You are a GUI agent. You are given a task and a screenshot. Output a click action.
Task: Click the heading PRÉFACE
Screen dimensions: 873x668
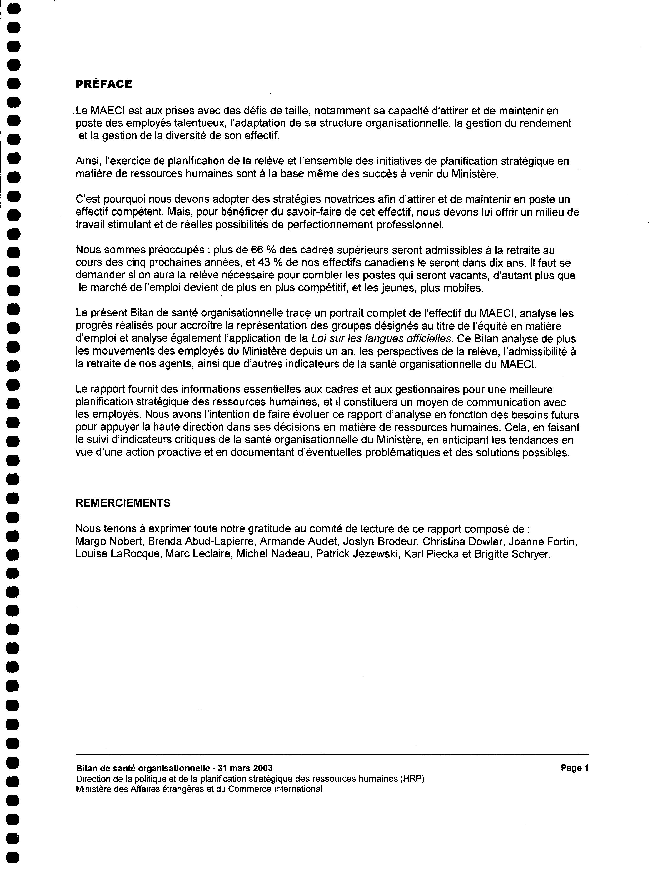[104, 84]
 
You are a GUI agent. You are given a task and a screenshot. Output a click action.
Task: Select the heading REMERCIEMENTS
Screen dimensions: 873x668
[123, 503]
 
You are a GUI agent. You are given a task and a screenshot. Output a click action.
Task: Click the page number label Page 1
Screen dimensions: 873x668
[574, 768]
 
